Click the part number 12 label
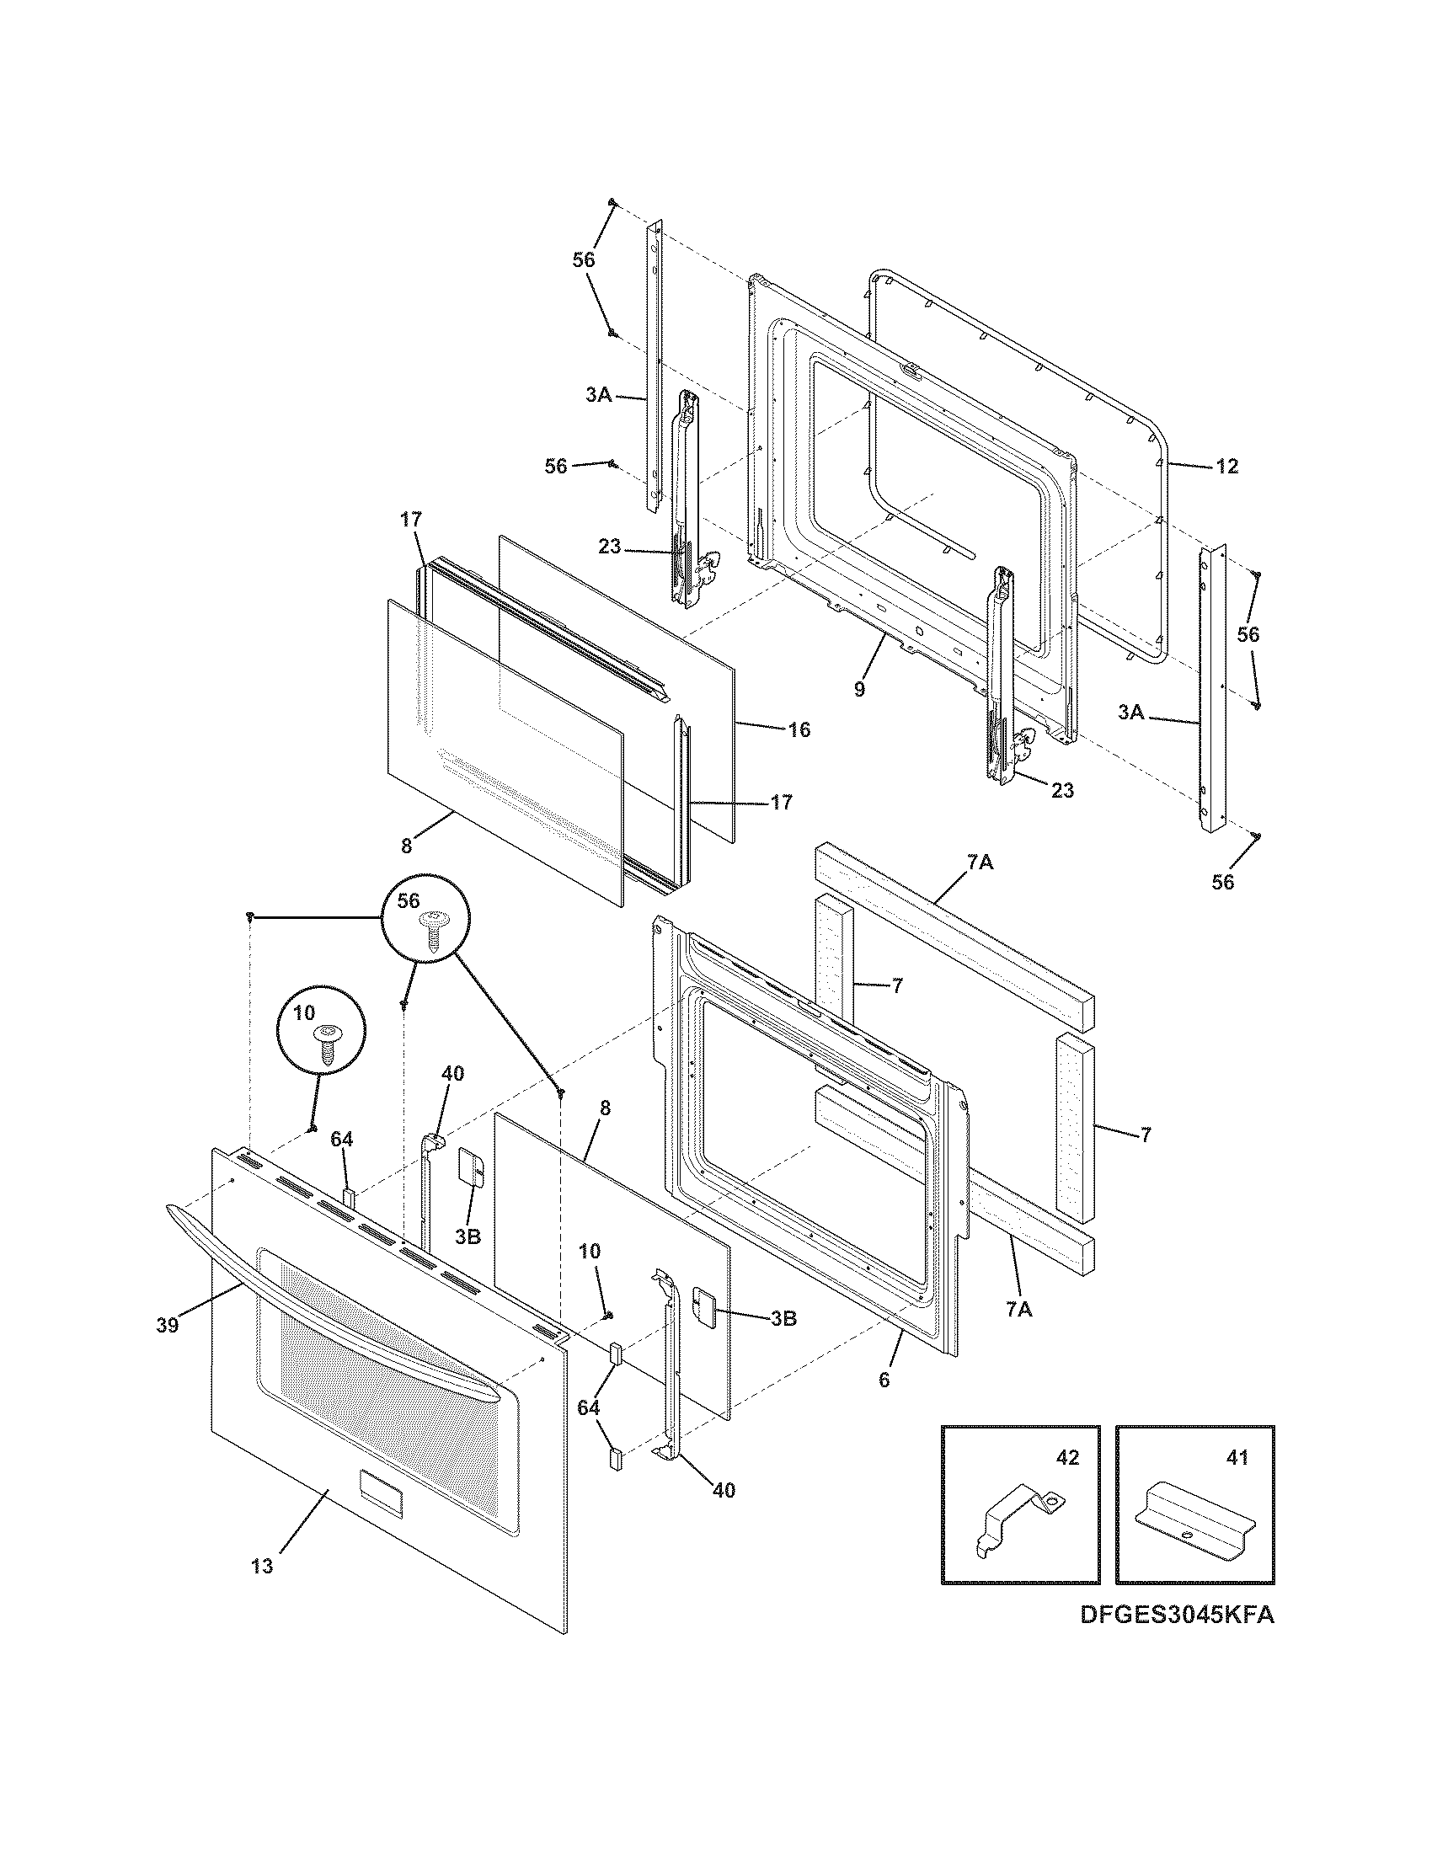(x=1226, y=466)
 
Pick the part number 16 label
(x=799, y=729)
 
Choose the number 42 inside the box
(x=1067, y=1458)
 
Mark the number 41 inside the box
(x=1237, y=1458)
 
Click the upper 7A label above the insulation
(x=979, y=862)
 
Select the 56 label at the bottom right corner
(x=1222, y=883)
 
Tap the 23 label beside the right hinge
(x=1062, y=790)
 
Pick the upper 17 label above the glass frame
(x=411, y=519)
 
